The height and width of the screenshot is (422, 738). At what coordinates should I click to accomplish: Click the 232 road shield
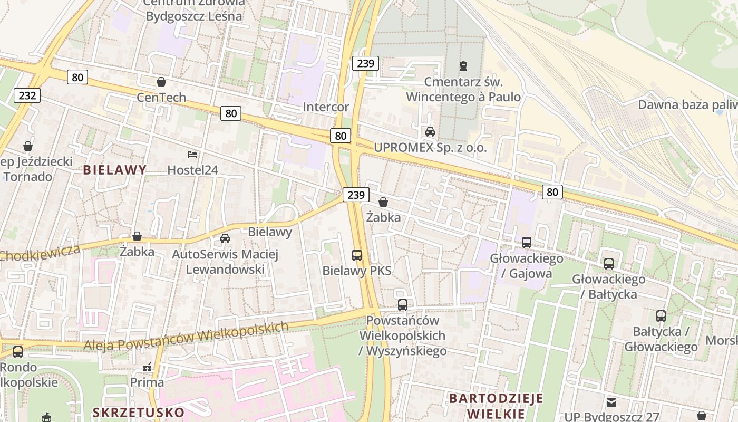[x=27, y=95]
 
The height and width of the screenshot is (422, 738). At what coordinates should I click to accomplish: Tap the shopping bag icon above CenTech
[x=161, y=82]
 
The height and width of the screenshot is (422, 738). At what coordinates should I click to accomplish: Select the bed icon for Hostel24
[x=192, y=155]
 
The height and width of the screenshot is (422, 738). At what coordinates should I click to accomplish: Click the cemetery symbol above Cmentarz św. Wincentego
[x=463, y=66]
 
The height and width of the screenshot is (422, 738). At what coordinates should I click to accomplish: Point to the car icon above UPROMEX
[x=430, y=131]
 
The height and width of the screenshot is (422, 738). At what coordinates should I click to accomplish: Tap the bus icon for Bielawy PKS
[x=357, y=255]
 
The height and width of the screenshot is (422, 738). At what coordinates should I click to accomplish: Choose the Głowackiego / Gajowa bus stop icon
[x=526, y=243]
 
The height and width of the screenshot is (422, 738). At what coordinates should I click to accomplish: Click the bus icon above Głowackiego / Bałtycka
[x=609, y=263]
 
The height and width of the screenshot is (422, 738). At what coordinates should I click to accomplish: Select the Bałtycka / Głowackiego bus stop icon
[x=661, y=316]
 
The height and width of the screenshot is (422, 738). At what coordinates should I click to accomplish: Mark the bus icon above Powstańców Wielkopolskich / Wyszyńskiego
[x=403, y=305]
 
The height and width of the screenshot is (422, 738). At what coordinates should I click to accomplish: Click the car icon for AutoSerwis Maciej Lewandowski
[x=225, y=238]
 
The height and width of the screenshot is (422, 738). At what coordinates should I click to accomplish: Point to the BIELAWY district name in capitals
[x=114, y=170]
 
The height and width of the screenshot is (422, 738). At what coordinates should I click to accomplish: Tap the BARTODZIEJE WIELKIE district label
[x=496, y=405]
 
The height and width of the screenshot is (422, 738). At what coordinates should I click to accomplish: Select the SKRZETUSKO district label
[x=138, y=412]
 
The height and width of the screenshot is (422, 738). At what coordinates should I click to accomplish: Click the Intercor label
[x=326, y=108]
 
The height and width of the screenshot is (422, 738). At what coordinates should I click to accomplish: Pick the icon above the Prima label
[x=147, y=367]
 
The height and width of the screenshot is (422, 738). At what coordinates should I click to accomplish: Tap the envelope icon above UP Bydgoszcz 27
[x=611, y=402]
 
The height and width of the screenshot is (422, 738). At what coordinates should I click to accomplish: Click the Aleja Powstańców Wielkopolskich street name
[x=186, y=336]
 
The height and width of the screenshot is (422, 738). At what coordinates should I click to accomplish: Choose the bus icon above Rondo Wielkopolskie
[x=18, y=351]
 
